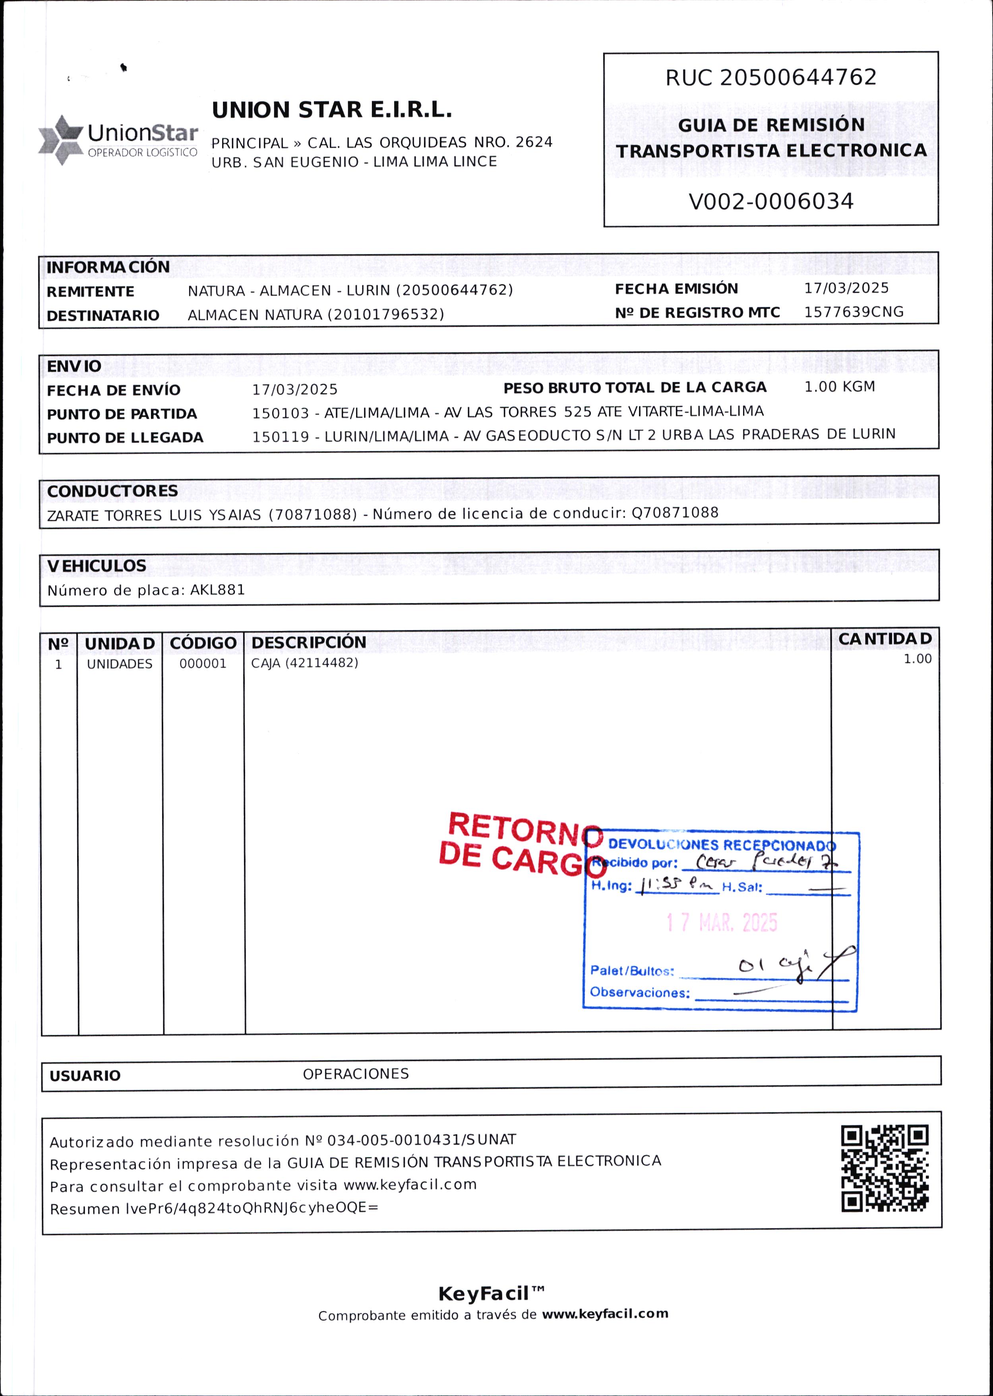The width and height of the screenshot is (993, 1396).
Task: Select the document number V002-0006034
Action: coord(770,201)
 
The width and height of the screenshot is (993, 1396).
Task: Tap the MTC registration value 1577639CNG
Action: coord(853,312)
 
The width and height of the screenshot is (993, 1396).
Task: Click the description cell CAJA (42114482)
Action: coord(304,663)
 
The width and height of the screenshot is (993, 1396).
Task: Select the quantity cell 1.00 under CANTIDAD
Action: coord(917,659)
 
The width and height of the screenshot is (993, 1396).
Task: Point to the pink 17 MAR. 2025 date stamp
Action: coord(722,922)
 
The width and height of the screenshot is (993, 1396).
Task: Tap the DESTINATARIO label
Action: coord(103,316)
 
